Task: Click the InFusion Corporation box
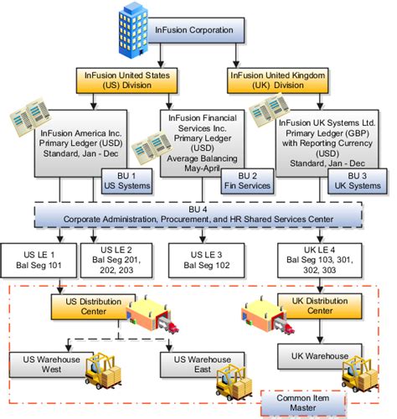[195, 30]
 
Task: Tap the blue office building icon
[133, 31]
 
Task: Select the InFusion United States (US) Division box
[126, 80]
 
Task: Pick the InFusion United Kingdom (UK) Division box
[278, 80]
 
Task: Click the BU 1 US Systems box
[126, 181]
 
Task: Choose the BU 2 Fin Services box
[247, 181]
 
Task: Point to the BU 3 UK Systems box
[358, 181]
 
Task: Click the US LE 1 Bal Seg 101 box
[39, 261]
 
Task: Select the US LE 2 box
[116, 261]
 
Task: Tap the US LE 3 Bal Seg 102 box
[207, 261]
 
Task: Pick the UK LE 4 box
[320, 261]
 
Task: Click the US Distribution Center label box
[93, 307]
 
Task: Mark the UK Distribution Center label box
[320, 306]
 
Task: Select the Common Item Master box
[303, 403]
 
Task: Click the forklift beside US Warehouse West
[103, 371]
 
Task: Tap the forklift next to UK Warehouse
[360, 374]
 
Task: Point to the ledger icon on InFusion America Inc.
[30, 117]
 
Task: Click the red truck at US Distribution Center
[173, 327]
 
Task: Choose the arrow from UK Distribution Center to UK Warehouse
[320, 331]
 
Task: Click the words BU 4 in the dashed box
[198, 209]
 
